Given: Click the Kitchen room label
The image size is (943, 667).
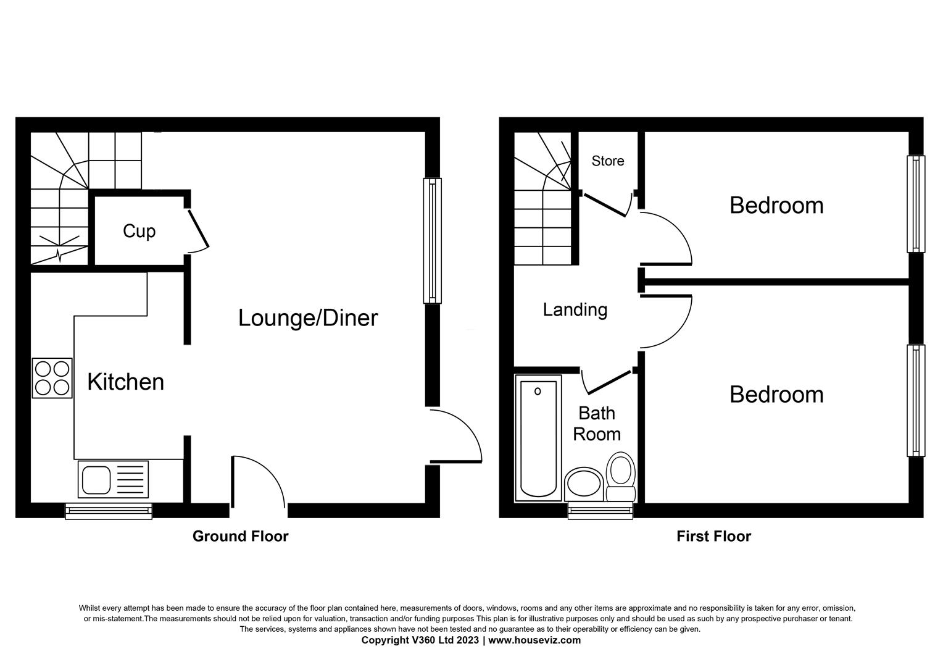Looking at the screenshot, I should tap(125, 382).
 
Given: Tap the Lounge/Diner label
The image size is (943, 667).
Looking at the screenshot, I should tap(307, 317).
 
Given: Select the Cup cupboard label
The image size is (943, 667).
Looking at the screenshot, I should tap(139, 230).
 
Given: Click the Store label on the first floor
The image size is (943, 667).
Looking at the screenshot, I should tap(607, 161).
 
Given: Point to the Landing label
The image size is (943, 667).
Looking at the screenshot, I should tap(575, 309).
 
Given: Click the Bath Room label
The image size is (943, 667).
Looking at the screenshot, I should tap(596, 423).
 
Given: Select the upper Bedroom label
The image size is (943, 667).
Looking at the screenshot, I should tap(776, 205).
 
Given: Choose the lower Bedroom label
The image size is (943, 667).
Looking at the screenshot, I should tap(776, 394).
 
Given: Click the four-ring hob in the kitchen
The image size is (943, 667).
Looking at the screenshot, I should tap(52, 378).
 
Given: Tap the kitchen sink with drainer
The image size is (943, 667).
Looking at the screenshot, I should tap(113, 479).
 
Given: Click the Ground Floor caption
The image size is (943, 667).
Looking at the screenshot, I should tap(240, 536).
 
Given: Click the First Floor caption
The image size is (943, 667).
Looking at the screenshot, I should tap(713, 536).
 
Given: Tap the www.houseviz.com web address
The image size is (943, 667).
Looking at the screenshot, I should tap(534, 640).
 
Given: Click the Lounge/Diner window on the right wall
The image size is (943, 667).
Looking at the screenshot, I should tap(433, 241).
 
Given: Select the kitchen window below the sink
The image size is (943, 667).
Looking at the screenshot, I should tap(109, 510).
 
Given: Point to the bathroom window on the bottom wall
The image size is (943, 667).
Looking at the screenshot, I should tap(600, 510).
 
